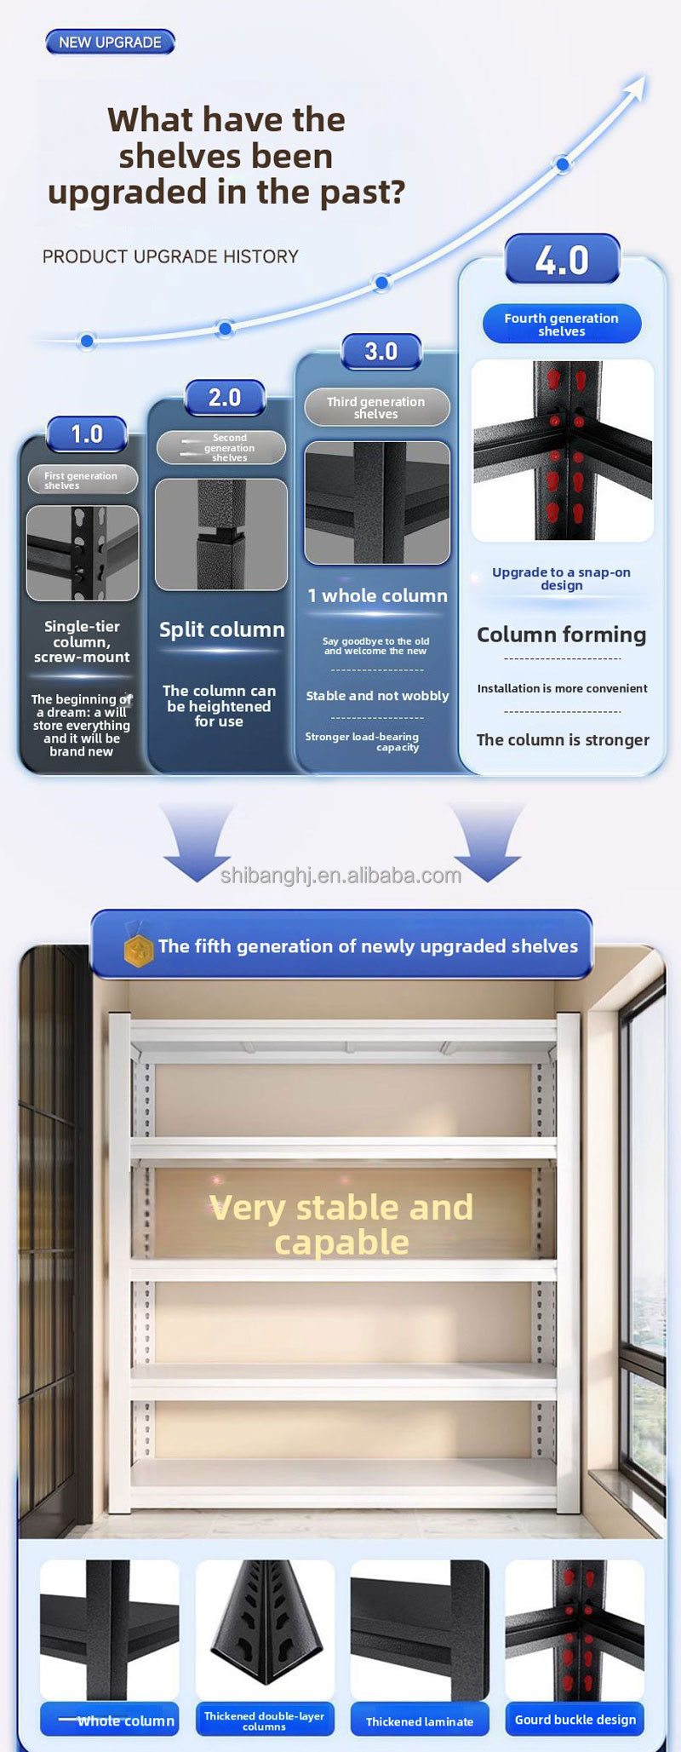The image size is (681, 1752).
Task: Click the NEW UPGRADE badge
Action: (x=110, y=42)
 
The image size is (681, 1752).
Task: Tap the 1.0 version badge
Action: (x=87, y=434)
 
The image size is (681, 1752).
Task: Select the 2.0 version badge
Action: (x=225, y=398)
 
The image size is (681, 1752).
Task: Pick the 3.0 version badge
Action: (x=381, y=352)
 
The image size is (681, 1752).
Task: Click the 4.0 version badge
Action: (x=562, y=260)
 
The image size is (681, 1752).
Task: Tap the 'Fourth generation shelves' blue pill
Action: (x=562, y=325)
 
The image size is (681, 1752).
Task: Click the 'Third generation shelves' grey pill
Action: (x=377, y=408)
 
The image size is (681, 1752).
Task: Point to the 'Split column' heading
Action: (x=222, y=629)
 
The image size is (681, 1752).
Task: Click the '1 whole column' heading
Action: (x=377, y=596)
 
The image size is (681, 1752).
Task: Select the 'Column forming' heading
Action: (x=562, y=635)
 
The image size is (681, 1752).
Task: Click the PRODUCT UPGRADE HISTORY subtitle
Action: (x=170, y=256)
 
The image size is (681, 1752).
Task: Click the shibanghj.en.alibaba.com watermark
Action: (x=340, y=876)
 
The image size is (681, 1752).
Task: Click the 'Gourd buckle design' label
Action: (x=575, y=1720)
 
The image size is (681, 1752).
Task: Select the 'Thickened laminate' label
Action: (x=420, y=1720)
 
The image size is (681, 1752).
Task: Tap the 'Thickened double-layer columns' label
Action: (x=265, y=1720)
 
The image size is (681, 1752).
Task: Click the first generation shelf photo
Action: (x=83, y=553)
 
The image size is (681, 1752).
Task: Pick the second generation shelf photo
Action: (x=221, y=534)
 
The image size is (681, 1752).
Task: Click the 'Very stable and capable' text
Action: (x=341, y=1225)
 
